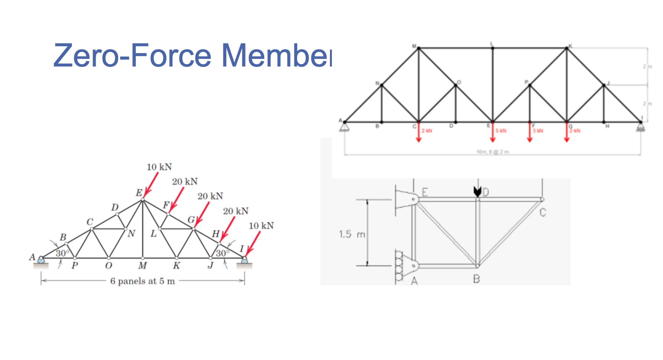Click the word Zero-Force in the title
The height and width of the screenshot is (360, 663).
click(x=132, y=55)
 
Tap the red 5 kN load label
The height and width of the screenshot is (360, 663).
click(x=500, y=131)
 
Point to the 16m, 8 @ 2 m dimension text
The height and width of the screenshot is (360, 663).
click(x=492, y=152)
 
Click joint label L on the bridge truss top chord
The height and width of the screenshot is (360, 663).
click(x=492, y=44)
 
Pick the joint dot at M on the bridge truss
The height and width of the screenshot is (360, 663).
click(x=419, y=48)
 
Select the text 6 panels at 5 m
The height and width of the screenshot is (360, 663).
click(x=142, y=281)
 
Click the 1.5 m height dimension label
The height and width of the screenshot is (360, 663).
click(x=351, y=234)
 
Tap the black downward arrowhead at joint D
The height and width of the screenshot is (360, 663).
click(x=477, y=191)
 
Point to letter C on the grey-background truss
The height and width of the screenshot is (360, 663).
click(x=543, y=212)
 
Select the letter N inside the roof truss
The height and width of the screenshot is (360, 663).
click(x=132, y=234)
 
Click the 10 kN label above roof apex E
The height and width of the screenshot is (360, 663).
click(x=159, y=167)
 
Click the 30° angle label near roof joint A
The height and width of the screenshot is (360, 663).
click(x=62, y=253)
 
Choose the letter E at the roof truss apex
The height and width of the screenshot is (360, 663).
click(x=139, y=193)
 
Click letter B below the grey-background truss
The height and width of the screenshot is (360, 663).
click(x=476, y=279)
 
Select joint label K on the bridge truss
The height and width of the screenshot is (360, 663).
click(x=570, y=46)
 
